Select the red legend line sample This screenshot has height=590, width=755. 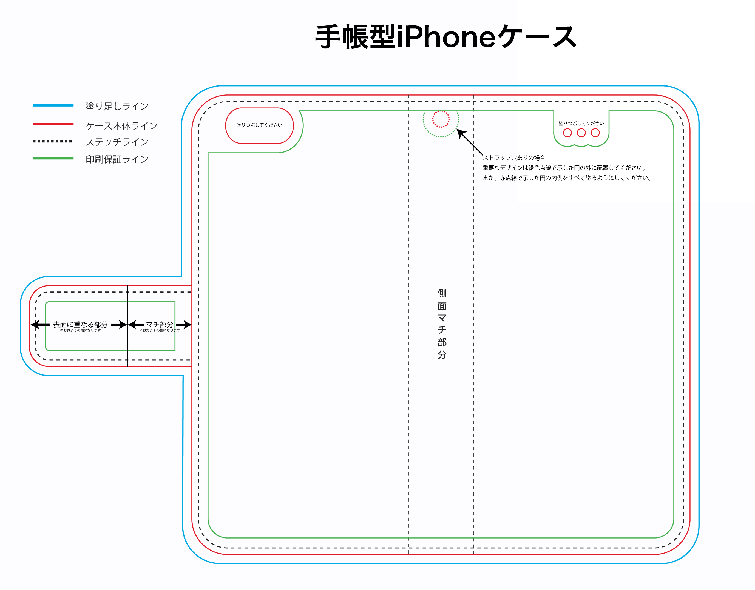click(x=53, y=124)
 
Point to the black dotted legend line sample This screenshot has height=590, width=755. click(x=53, y=141)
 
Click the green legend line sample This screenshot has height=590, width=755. click(x=53, y=159)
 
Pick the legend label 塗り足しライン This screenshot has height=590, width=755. click(x=117, y=106)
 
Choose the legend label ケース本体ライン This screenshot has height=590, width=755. click(x=122, y=125)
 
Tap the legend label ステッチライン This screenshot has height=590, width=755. click(x=117, y=142)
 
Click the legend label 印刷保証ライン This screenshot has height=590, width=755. click(x=117, y=159)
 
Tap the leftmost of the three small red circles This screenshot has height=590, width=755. click(x=567, y=128)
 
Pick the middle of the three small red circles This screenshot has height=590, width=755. click(x=581, y=128)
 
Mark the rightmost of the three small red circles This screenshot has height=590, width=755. click(x=595, y=128)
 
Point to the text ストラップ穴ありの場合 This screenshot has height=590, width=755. click(x=514, y=158)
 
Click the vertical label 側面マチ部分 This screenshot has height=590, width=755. click(x=442, y=324)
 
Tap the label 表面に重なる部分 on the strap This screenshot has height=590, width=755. click(x=80, y=324)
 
